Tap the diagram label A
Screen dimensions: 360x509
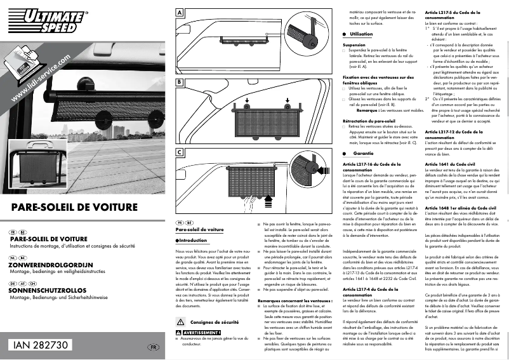pos(180,12)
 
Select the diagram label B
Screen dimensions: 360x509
pos(180,83)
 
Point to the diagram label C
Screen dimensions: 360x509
pos(180,153)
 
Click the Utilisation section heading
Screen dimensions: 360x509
pos(361,34)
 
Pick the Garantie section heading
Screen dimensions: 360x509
pos(359,154)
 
